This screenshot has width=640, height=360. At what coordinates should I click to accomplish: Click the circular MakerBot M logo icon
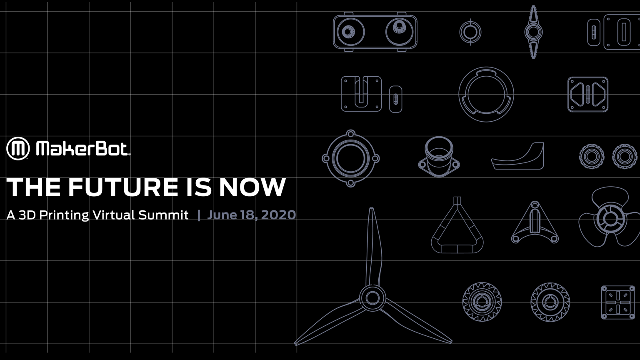pyautogui.click(x=18, y=148)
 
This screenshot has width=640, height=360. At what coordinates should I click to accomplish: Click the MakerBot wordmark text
pyautogui.click(x=82, y=149)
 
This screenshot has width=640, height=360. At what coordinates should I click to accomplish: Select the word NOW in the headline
pyautogui.click(x=252, y=187)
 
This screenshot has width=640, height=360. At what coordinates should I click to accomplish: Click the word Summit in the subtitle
pyautogui.click(x=163, y=215)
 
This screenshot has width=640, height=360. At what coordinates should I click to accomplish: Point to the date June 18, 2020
pyautogui.click(x=251, y=215)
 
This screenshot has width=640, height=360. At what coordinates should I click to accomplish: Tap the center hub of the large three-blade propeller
pyautogui.click(x=372, y=298)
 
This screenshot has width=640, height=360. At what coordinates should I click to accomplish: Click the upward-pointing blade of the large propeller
pyautogui.click(x=372, y=246)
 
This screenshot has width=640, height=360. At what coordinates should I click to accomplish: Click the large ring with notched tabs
pyautogui.click(x=486, y=95)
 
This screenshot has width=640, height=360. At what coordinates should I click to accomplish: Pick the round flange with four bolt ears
pyautogui.click(x=350, y=158)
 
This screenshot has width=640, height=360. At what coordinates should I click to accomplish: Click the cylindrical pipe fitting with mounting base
pyautogui.click(x=439, y=157)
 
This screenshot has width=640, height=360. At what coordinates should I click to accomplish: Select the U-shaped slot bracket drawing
pyautogui.click(x=361, y=94)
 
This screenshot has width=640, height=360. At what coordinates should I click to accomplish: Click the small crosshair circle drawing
pyautogui.click(x=470, y=32)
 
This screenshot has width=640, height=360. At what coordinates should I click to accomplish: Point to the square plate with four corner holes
pyautogui.click(x=617, y=302)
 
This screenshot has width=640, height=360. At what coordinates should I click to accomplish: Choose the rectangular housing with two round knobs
pyautogui.click(x=375, y=32)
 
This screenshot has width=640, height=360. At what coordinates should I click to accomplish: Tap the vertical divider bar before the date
pyautogui.click(x=199, y=215)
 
